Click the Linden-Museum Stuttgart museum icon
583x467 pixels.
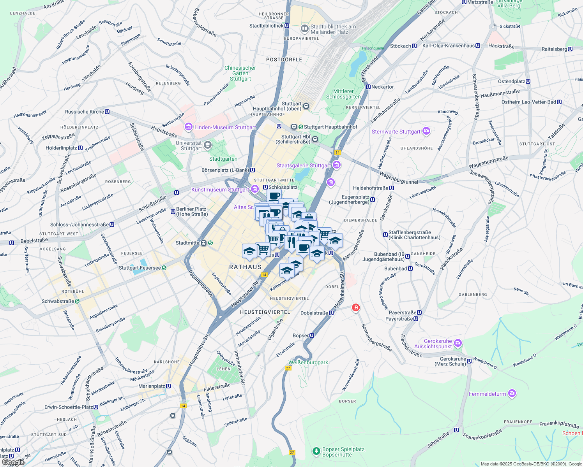[189, 127]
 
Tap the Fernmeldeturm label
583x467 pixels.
[487, 394]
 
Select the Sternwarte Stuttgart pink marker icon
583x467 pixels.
[426, 131]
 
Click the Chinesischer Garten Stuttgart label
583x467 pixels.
[240, 73]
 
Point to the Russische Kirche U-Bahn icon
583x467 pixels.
[107, 112]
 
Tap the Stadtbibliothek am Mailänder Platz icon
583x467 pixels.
[304, 29]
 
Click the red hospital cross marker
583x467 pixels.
[355, 308]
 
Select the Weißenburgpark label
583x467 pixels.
[308, 362]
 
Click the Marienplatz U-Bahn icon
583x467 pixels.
[168, 386]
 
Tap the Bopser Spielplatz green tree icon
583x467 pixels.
[316, 451]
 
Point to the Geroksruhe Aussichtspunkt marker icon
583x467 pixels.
[458, 343]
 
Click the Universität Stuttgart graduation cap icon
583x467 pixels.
[208, 145]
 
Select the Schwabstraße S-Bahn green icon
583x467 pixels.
[77, 301]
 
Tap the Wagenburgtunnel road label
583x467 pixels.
[398, 178]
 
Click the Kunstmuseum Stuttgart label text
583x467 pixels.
[220, 190]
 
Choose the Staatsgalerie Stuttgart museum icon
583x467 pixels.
[337, 165]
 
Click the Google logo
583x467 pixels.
[12, 462]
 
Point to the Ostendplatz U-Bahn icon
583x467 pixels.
[528, 81]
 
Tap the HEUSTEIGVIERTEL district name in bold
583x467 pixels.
[265, 312]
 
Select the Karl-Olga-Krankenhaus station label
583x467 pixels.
[448, 46]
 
